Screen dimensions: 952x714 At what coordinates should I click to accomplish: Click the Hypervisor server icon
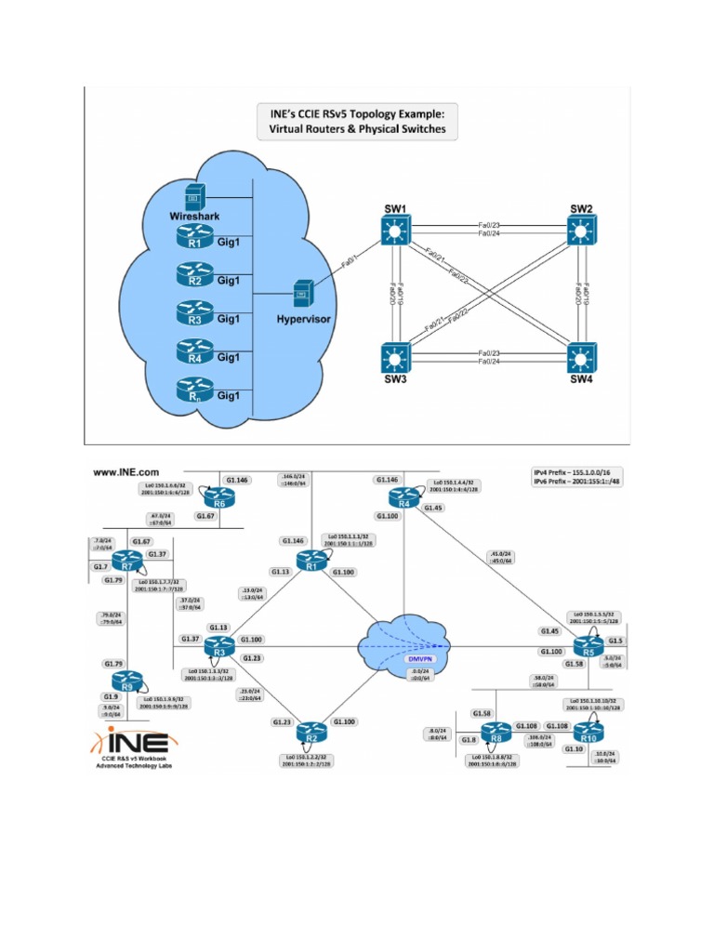point(301,294)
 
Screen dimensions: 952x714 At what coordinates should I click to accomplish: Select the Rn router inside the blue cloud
point(194,389)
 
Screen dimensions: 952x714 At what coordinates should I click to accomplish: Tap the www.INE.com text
point(126,473)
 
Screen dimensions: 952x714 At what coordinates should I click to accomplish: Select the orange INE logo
point(130,742)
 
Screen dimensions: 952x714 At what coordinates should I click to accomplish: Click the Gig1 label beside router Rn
point(229,395)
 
